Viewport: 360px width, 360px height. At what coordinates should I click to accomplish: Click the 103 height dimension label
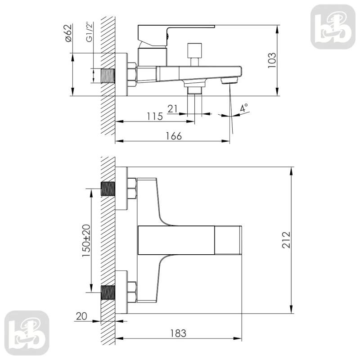pos(272,60)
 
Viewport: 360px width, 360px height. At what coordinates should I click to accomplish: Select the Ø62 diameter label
pos(68,33)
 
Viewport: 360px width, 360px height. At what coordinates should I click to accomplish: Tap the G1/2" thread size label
pos(90,32)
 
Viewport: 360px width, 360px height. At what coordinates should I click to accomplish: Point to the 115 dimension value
pos(155,116)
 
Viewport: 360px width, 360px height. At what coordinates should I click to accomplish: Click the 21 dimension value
pos(173,108)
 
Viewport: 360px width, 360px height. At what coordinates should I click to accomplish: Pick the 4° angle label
pos(244,108)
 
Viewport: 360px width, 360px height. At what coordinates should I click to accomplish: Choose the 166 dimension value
pos(174,136)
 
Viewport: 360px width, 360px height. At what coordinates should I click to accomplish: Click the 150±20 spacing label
pos(86,241)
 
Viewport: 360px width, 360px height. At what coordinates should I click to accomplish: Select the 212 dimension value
pos(286,240)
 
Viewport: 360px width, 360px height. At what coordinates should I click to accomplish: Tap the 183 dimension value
pos(178,333)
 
